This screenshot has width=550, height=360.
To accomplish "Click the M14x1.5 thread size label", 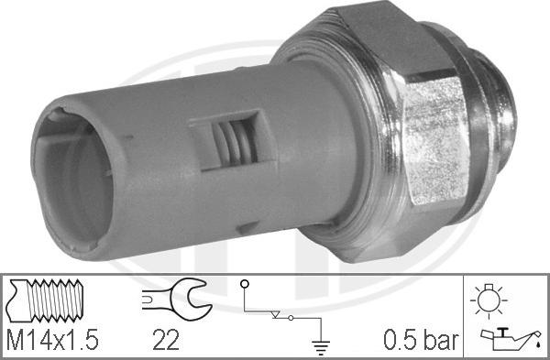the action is coord(53,339).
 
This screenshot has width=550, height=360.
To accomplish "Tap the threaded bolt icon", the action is coord(45,300).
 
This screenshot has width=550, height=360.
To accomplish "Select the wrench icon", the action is coord(177,299).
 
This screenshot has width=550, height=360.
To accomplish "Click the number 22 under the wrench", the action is coord(166,339).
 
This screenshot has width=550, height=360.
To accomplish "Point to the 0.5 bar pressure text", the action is coord(421,339).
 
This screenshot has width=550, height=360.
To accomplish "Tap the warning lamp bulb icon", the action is coord(489,301).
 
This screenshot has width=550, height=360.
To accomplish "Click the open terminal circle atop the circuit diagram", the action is coord(245,284).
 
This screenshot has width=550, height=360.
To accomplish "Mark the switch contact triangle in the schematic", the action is coord(276,314).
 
